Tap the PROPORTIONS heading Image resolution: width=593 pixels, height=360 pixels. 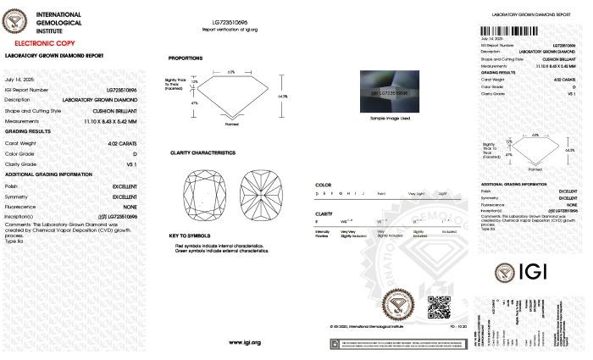tap(186, 58)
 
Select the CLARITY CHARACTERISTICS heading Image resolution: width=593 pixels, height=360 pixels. tap(202, 153)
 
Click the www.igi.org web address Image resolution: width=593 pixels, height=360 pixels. tap(245, 342)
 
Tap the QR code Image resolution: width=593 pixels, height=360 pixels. tap(437, 306)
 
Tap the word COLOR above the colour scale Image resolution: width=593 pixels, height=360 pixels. tap(324, 184)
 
